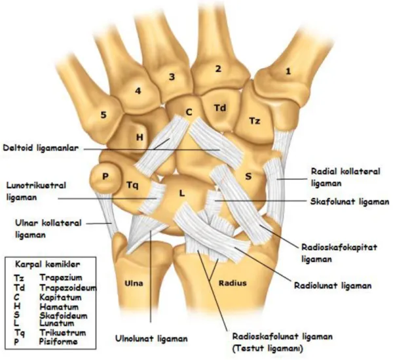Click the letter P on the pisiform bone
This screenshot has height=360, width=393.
pos(105,176)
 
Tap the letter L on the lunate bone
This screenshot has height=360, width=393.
pos(182,193)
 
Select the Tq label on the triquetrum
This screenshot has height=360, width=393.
pos(132,186)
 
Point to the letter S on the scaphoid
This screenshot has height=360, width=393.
pos(248,176)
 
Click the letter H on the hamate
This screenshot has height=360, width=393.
pos(140,137)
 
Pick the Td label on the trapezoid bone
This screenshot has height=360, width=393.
pos(220,108)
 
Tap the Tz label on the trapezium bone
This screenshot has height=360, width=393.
pos(255,121)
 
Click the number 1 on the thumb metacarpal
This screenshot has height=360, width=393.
pos(288,71)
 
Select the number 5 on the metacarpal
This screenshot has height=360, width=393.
pos(103,115)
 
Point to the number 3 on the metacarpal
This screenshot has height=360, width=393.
pos(172,77)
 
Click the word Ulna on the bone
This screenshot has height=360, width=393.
pos(134,283)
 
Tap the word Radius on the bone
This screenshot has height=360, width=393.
pos(233,283)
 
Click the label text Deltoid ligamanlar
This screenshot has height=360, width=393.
pos(41,148)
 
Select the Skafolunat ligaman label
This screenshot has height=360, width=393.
pos(350,201)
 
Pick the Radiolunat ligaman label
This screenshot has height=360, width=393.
pos(333,285)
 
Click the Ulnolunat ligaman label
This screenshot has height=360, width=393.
pos(151,338)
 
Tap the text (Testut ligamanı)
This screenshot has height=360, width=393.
pos(267,348)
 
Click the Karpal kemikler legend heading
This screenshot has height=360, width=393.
pos(48,264)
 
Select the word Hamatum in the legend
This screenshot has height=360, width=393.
pos(59,307)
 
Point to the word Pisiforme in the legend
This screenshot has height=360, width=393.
pos(58,341)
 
